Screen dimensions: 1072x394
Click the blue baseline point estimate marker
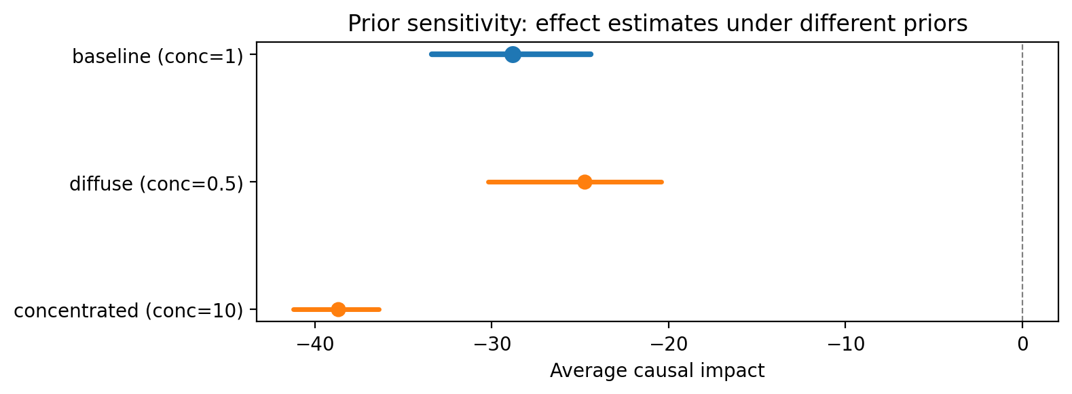click(x=513, y=54)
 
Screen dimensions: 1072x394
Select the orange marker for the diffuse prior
click(x=585, y=182)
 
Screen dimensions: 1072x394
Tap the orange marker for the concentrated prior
click(x=338, y=309)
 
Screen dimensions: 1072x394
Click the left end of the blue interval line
click(x=430, y=54)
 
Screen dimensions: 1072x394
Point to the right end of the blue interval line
click(x=591, y=54)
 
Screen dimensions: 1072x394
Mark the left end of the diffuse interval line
click(x=487, y=182)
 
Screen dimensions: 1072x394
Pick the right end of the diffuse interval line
click(x=662, y=182)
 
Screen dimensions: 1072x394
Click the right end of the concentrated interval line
click(x=380, y=309)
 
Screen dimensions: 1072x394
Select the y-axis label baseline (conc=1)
click(x=158, y=57)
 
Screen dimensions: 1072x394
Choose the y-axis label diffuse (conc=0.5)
click(x=157, y=184)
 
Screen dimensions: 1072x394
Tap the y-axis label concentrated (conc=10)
click(x=129, y=311)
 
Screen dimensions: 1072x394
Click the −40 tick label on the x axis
click(x=314, y=344)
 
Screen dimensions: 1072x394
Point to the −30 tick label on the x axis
click(x=491, y=344)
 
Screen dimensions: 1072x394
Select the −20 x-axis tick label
click(x=668, y=344)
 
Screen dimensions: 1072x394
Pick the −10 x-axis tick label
click(x=845, y=344)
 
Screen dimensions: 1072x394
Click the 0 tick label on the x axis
click(x=1022, y=344)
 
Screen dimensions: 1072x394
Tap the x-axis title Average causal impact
click(x=657, y=371)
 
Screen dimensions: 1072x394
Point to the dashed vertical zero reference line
click(x=1022, y=182)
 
